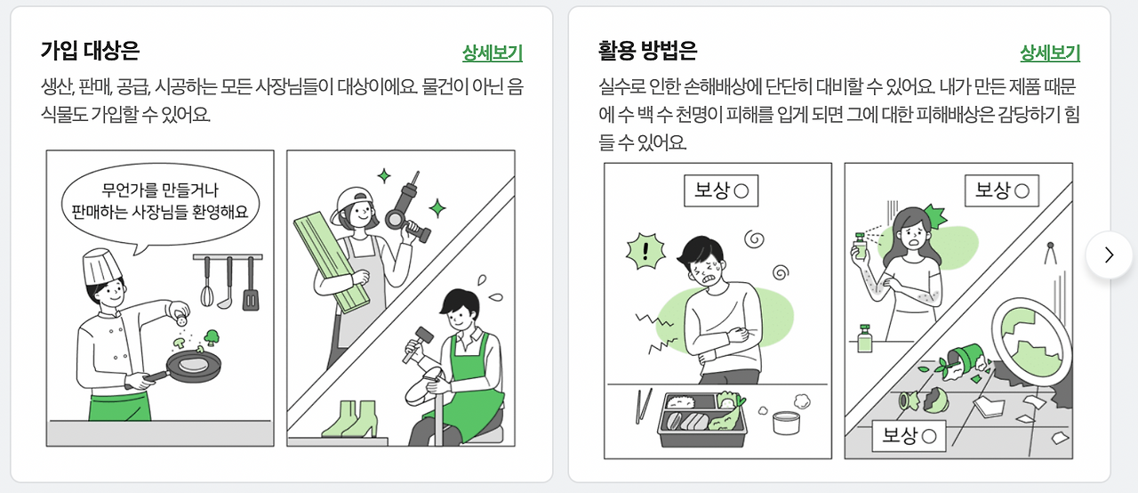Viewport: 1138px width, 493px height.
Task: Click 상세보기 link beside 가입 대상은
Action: click(x=493, y=53)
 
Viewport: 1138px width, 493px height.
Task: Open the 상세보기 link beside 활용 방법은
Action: click(x=1050, y=53)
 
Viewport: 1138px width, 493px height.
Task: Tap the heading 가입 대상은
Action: click(x=90, y=51)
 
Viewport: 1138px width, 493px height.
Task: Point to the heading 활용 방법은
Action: click(x=648, y=51)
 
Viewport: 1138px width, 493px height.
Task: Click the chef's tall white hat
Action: click(x=101, y=266)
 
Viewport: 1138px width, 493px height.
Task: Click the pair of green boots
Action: click(x=350, y=419)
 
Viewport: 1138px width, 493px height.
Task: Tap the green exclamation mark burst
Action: click(x=645, y=251)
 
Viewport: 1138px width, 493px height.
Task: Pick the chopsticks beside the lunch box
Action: click(x=644, y=406)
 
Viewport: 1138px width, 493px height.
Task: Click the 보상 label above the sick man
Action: click(x=721, y=190)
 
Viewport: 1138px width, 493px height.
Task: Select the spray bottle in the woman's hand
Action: click(x=860, y=246)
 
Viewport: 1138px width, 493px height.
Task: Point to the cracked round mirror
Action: click(x=1031, y=342)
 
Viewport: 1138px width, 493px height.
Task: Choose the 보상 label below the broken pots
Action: click(x=909, y=435)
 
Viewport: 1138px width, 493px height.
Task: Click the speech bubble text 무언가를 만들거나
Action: click(x=160, y=190)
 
